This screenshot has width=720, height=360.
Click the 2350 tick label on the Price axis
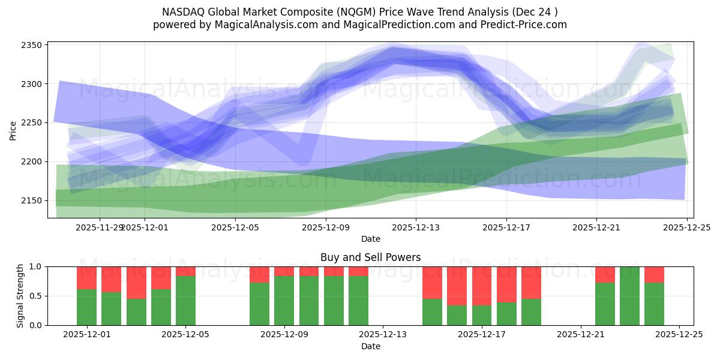click(x=31, y=46)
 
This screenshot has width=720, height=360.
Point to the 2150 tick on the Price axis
click(x=31, y=200)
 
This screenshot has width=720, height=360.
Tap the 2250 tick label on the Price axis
click(x=31, y=123)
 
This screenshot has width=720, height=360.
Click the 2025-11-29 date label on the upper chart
click(x=100, y=227)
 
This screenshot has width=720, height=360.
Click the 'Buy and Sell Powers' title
click(x=370, y=257)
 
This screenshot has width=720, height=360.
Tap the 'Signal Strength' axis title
click(x=20, y=295)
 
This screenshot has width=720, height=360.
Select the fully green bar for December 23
click(x=629, y=296)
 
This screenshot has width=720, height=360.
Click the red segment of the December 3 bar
click(x=136, y=282)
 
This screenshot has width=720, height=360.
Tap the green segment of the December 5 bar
click(x=185, y=301)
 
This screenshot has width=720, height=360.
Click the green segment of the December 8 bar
click(x=259, y=304)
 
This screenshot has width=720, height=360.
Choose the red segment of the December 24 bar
click(x=654, y=274)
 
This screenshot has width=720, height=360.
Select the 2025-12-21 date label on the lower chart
click(x=581, y=334)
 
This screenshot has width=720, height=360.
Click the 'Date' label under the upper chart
click(x=370, y=239)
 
